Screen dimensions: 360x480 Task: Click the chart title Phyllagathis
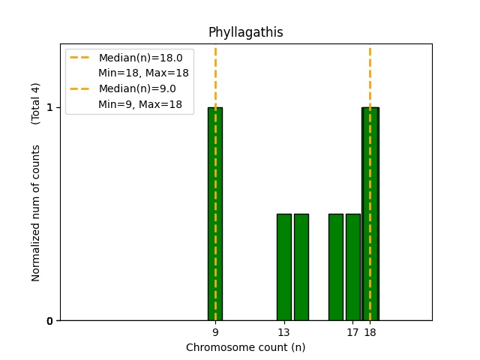pos(245,32)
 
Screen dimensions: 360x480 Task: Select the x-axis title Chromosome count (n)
pos(245,347)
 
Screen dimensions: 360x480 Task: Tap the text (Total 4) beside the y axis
pos(36,103)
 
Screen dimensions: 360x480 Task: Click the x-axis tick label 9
pos(215,332)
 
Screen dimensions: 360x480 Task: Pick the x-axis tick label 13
pos(283,332)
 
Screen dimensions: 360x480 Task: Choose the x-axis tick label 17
pos(352,332)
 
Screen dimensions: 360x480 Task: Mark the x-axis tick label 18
pos(370,332)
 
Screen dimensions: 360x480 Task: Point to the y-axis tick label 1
pos(50,107)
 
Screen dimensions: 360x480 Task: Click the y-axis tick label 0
pos(50,321)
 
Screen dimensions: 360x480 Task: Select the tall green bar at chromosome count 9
pos(215,214)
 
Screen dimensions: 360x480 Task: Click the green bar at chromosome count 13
pos(283,267)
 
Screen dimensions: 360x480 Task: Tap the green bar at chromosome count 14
pos(301,267)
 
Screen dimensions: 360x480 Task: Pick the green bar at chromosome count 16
pos(335,267)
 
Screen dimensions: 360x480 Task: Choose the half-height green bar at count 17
pos(352,267)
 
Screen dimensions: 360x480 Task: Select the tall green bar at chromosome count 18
pos(370,214)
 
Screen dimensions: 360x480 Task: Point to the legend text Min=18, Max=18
pos(143,73)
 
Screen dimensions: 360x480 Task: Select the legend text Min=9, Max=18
pos(140,104)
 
